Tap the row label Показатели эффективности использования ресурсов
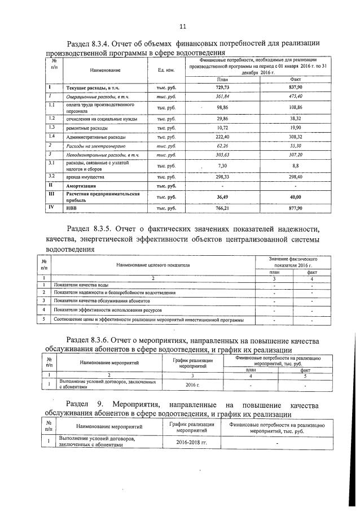[x=108, y=311]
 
